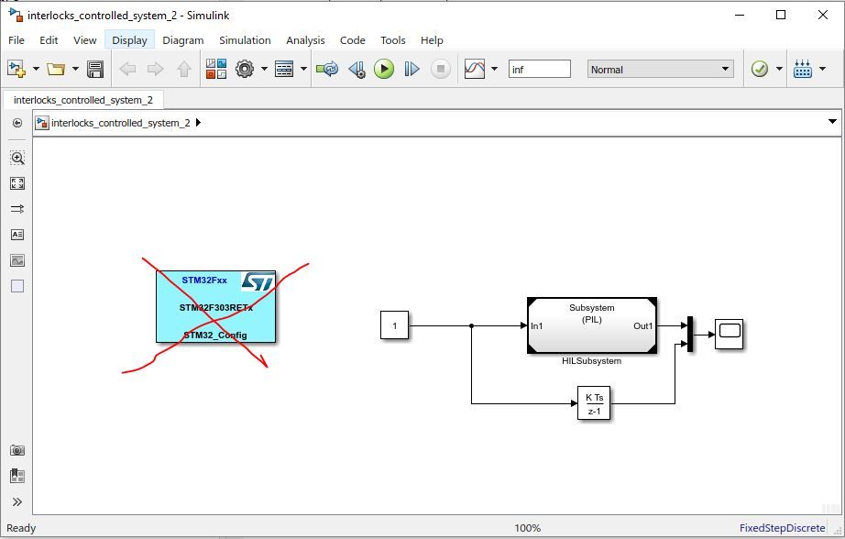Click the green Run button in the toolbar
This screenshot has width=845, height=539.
coord(384,69)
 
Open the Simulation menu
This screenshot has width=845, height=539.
coord(245,40)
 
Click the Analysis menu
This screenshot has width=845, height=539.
coord(305,40)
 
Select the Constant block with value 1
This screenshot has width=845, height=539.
coord(394,325)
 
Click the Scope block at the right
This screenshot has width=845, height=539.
coord(730,333)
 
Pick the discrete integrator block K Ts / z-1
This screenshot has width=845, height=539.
coord(594,403)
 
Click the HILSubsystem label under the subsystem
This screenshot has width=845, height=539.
coord(591,361)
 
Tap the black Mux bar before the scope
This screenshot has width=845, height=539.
coord(689,335)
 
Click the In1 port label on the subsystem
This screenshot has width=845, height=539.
coord(537,326)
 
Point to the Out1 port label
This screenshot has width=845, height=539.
coord(642,326)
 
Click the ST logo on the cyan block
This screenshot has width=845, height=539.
coord(258,281)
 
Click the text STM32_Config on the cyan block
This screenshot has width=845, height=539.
coord(214,335)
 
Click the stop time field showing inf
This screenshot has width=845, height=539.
coord(539,70)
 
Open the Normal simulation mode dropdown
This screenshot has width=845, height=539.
coord(661,70)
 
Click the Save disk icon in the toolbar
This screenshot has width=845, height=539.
coord(94,69)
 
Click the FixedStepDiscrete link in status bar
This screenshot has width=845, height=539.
coord(782,528)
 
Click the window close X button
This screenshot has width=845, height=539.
coord(822,15)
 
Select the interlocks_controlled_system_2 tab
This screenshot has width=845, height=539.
coord(82,100)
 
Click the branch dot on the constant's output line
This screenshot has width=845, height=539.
coord(471,325)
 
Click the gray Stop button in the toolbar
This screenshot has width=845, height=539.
coord(441,69)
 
